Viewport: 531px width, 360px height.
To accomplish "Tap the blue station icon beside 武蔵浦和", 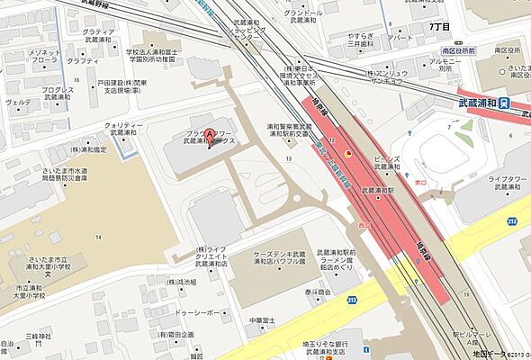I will [x=506, y=102].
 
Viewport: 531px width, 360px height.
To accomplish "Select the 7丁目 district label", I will [x=439, y=27].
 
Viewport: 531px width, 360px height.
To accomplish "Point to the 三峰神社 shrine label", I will [x=39, y=340].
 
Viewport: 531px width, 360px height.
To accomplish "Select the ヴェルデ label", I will [x=18, y=103].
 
